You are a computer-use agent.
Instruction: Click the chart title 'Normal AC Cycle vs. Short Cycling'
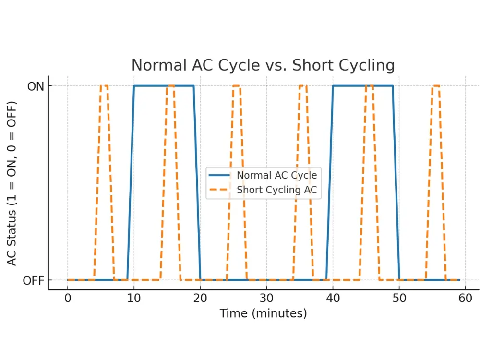263,65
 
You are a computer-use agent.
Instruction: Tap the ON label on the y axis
35,86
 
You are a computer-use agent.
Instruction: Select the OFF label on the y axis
34,280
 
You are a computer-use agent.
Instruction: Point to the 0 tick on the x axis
68,298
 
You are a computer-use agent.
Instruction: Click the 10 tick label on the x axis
134,298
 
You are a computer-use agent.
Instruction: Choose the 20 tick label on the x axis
200,298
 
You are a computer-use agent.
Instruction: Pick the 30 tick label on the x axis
266,298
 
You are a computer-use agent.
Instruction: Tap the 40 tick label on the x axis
333,298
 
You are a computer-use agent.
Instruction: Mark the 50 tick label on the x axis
399,298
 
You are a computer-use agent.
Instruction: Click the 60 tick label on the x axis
465,298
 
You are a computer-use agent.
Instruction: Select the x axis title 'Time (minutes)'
263,314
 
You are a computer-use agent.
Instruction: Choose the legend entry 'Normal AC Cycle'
276,175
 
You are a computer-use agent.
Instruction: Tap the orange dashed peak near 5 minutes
104,86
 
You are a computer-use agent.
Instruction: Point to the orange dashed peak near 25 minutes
237,86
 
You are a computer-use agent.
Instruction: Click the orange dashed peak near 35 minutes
303,86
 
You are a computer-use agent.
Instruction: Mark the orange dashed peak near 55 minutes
435,86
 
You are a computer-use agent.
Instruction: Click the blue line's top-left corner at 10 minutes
134,86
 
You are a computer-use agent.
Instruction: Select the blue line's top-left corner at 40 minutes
333,86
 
